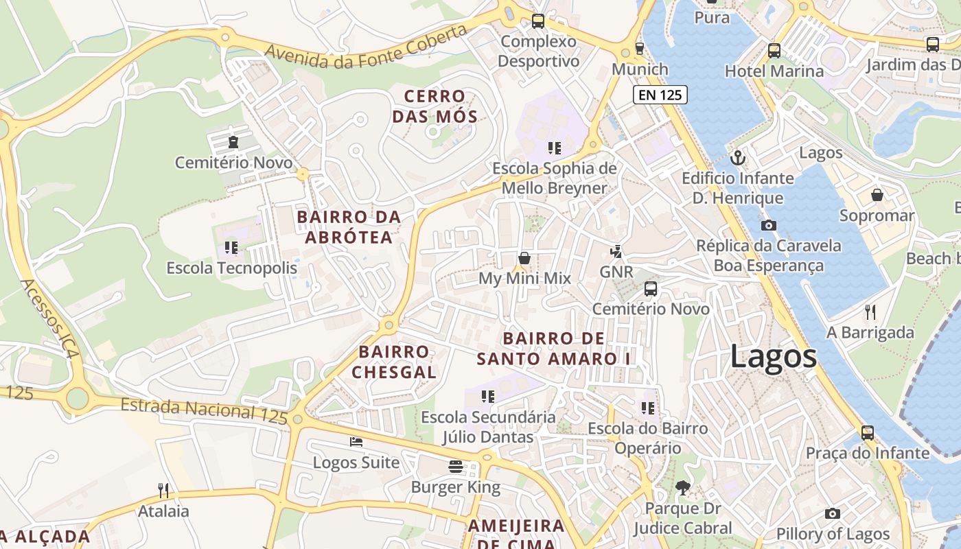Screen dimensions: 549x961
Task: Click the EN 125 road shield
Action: click(x=660, y=95)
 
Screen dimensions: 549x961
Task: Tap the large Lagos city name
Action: click(x=773, y=357)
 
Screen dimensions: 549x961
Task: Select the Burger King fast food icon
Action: click(x=456, y=467)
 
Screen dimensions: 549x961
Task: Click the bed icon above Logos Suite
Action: click(x=356, y=442)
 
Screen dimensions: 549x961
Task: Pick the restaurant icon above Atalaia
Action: click(x=163, y=490)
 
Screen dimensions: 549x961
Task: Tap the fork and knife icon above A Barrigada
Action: click(x=870, y=312)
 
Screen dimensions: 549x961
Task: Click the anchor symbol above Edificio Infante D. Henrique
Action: click(x=738, y=158)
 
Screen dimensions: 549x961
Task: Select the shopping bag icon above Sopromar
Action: click(x=877, y=196)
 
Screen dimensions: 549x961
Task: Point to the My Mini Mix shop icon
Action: click(x=524, y=258)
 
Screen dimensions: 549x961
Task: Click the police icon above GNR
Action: click(x=616, y=251)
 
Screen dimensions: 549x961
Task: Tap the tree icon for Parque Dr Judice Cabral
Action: click(x=682, y=488)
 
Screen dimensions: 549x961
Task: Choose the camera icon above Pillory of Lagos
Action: click(x=833, y=513)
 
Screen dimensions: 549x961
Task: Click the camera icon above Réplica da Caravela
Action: click(x=769, y=225)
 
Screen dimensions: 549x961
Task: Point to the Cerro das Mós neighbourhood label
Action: click(x=435, y=106)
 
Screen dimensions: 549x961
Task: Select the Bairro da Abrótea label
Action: click(x=349, y=227)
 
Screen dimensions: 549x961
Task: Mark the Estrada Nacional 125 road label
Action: click(x=204, y=410)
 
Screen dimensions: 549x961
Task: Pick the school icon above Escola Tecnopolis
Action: click(x=231, y=247)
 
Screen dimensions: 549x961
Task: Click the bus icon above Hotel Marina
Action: click(x=774, y=50)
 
